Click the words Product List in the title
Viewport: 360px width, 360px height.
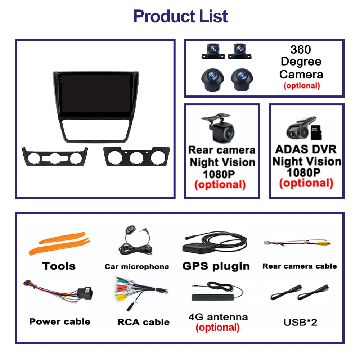(x=180, y=16)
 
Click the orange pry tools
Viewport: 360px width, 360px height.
(x=58, y=244)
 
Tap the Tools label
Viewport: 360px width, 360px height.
(x=59, y=266)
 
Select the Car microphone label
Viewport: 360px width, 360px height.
(x=137, y=266)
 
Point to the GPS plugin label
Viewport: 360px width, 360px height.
(x=216, y=266)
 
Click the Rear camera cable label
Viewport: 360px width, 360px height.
(x=300, y=266)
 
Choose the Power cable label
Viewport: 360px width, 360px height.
(x=60, y=321)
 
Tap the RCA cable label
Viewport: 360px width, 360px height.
(x=143, y=322)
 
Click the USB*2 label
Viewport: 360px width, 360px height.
(x=300, y=322)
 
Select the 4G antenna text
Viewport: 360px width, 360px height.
(x=218, y=317)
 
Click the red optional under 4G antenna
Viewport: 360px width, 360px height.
(x=217, y=328)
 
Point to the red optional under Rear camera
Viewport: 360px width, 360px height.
(x=220, y=185)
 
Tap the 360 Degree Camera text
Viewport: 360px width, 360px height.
(x=301, y=62)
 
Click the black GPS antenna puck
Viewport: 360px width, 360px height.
(x=197, y=247)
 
